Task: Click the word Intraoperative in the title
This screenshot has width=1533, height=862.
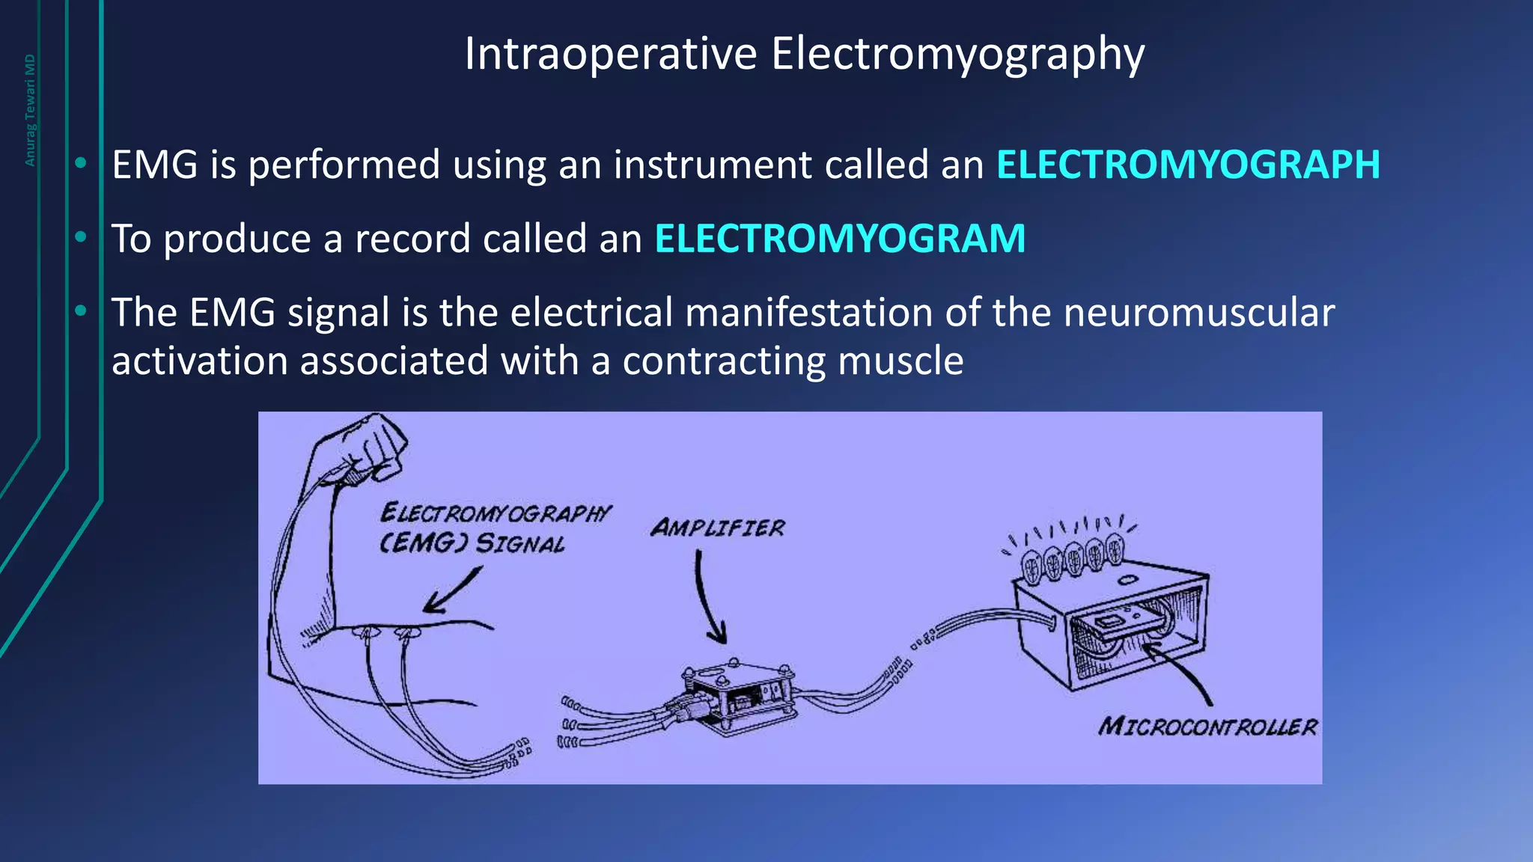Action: click(610, 55)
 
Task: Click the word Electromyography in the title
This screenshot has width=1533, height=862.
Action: click(957, 55)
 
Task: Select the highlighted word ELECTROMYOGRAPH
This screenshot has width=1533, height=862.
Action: click(1188, 165)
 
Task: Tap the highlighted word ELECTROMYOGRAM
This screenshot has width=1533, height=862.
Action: click(840, 239)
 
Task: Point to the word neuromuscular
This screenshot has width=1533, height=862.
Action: click(1198, 312)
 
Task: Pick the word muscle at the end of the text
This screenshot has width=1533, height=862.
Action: click(900, 361)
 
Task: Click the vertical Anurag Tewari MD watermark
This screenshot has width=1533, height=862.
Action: click(30, 110)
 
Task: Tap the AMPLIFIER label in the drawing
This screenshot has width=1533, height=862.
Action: click(717, 528)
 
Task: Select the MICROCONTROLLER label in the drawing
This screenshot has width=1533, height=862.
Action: click(1207, 727)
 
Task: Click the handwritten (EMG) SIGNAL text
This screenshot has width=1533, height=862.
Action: click(472, 542)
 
